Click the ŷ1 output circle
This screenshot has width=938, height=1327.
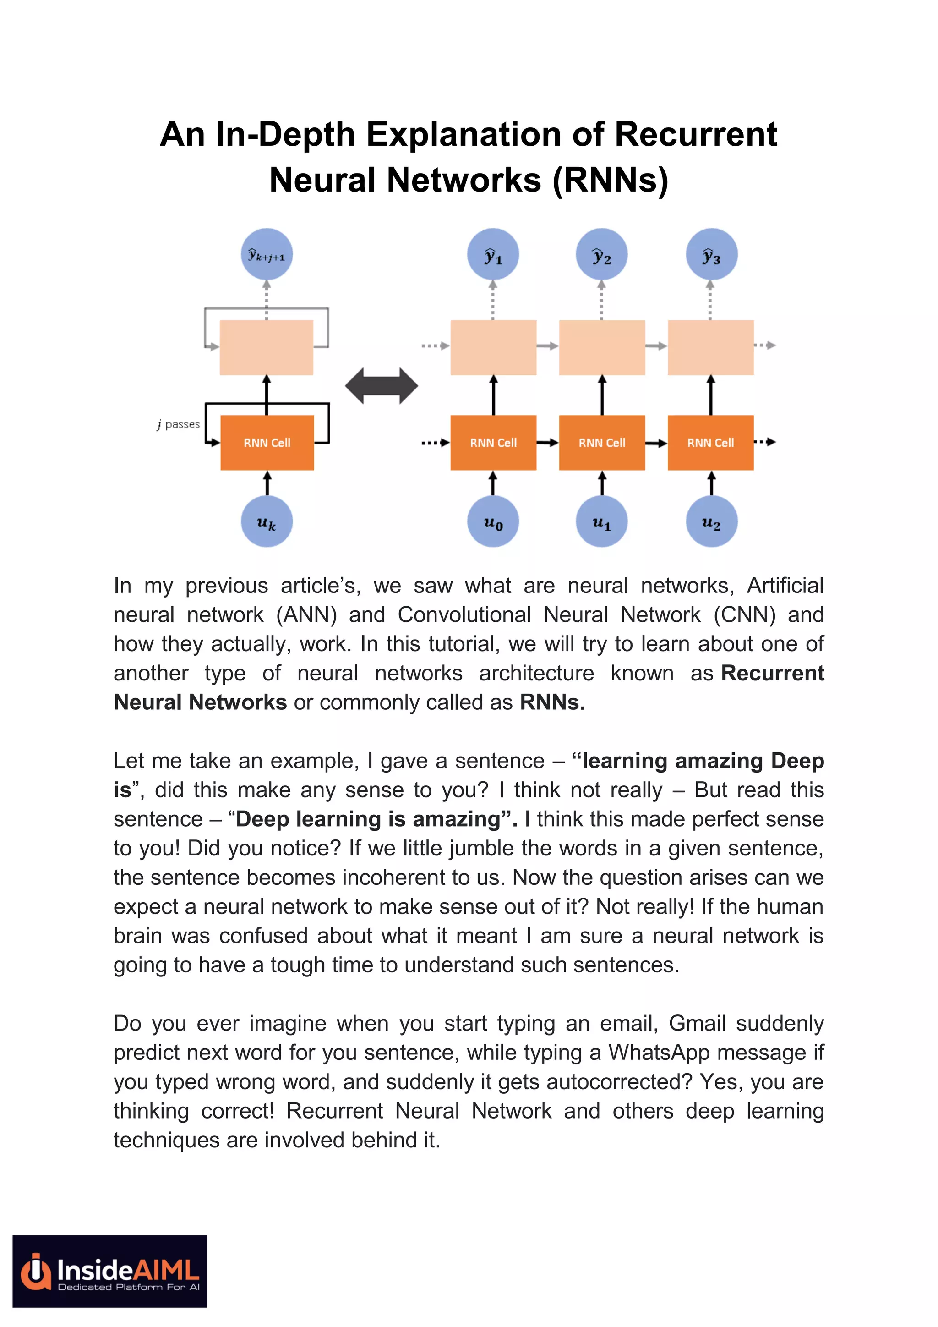click(493, 255)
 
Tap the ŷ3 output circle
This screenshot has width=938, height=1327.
click(711, 255)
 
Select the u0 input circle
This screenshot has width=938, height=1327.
click(493, 521)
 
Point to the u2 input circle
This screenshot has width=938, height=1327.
click(711, 521)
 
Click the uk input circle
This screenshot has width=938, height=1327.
click(266, 521)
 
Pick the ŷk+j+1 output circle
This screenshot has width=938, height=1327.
click(266, 255)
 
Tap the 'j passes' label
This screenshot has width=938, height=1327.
click(179, 425)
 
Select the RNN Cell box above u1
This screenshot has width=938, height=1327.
click(602, 443)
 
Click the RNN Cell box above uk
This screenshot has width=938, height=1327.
click(267, 443)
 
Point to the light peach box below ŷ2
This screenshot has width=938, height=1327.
click(602, 347)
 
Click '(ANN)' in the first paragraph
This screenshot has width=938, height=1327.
click(306, 615)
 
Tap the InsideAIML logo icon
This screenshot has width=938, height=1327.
click(36, 1272)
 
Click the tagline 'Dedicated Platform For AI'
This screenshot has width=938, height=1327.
click(128, 1287)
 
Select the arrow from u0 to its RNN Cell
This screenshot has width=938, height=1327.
click(493, 483)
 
